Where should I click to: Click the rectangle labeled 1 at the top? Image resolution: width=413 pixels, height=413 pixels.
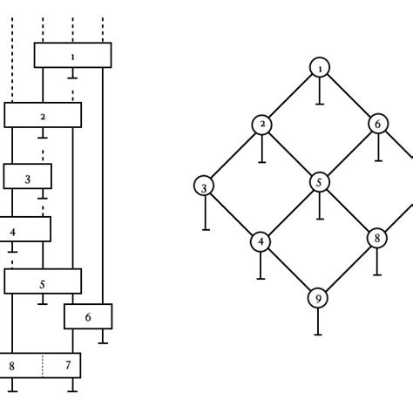tap(72, 55)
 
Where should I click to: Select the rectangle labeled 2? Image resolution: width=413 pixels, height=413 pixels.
tap(43, 115)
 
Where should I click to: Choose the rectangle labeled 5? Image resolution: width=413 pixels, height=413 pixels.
tap(43, 281)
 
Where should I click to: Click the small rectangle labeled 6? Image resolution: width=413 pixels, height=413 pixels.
tap(88, 316)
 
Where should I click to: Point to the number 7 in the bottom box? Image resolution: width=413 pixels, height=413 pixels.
tap(67, 365)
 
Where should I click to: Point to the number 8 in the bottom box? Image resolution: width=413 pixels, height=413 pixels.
tap(11, 365)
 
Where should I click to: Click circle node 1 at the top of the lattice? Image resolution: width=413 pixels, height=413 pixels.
tap(319, 67)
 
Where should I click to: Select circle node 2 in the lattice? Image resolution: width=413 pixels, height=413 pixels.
tap(261, 125)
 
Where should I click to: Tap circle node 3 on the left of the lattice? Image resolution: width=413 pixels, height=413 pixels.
tap(204, 186)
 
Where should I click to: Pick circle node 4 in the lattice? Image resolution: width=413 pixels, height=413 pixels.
tap(261, 241)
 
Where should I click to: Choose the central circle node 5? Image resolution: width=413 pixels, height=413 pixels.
tap(319, 182)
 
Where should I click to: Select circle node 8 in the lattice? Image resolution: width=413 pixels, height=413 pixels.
tap(376, 237)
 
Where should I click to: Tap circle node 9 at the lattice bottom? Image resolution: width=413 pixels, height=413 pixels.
tap(319, 298)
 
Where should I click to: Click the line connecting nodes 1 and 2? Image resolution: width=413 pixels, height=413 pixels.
tap(290, 96)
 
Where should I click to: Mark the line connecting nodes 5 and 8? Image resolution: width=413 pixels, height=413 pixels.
tap(348, 210)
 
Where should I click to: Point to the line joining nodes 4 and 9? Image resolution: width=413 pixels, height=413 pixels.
tap(290, 270)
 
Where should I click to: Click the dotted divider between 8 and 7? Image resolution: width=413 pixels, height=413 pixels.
tap(43, 365)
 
